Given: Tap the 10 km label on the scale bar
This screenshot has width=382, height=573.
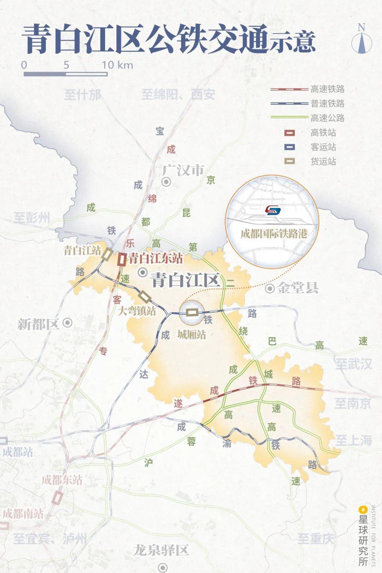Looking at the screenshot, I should pos(117,65).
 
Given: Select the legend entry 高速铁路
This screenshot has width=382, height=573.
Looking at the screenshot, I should pos(327,89).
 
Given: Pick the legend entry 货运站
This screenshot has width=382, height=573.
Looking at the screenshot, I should pos(323,162).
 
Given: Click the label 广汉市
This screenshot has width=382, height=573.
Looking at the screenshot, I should pos(183,171).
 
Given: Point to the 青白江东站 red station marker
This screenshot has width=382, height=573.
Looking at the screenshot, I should pos(122,260).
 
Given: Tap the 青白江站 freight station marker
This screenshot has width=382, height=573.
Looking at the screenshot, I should pos(107,254).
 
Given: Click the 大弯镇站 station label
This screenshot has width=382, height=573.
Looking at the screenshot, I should pos(137,311).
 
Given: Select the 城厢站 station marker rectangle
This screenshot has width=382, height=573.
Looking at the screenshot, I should pos(192,312).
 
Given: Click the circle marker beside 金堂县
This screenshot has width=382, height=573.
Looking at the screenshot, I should pos(270,289).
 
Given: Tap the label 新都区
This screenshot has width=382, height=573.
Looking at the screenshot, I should pos(38,324).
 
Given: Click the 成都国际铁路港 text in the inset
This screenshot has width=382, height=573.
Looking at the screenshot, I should pos(273,234).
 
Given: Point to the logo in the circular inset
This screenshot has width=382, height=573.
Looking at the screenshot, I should pos(273,210).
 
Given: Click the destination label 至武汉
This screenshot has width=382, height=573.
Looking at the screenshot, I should pos(353,364).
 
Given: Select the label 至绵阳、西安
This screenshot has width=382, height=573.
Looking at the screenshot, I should pos(178,94).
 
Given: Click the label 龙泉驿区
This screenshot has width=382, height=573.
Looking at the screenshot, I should pos(161,550).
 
